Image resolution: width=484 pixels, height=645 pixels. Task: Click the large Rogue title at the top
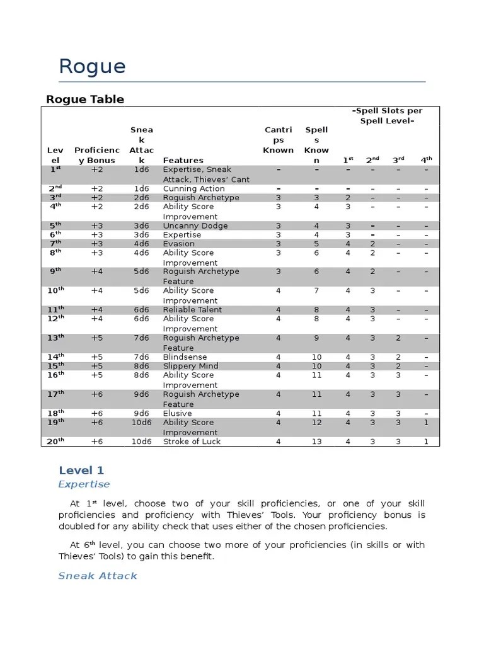tap(92, 67)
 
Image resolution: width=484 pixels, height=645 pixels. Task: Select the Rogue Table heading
tap(85, 99)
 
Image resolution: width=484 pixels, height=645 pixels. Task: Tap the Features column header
tap(183, 161)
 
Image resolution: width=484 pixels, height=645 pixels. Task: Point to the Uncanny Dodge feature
tap(195, 225)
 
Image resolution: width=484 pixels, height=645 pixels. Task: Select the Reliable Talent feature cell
tap(192, 310)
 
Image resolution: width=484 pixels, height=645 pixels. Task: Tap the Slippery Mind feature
tap(190, 366)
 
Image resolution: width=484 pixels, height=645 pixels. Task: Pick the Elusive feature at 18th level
tap(177, 413)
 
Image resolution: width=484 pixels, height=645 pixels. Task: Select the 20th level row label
tap(55, 442)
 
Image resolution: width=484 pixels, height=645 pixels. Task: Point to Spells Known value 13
tap(316, 442)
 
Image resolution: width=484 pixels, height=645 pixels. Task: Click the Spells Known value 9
tap(316, 338)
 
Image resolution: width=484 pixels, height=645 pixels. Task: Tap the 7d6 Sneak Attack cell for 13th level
tap(141, 338)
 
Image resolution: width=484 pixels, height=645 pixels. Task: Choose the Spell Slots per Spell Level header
tap(387, 115)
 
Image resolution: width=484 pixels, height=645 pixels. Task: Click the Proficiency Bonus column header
tap(96, 155)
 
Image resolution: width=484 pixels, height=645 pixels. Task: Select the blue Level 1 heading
tap(81, 470)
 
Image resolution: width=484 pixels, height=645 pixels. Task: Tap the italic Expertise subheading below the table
tap(84, 484)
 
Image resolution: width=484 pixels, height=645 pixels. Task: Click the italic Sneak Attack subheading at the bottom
tap(98, 576)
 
